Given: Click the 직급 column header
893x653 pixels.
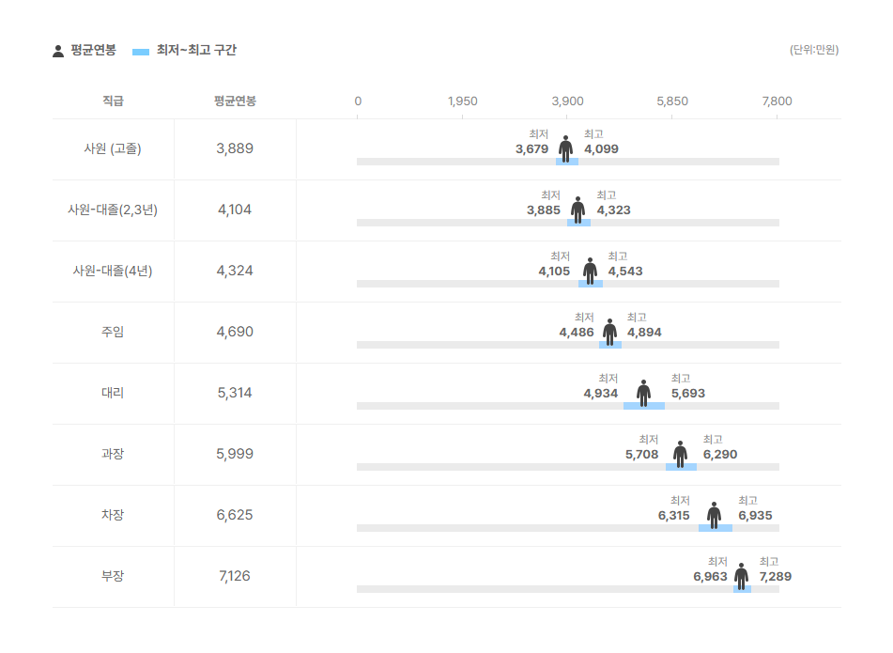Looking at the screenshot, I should tap(113, 101).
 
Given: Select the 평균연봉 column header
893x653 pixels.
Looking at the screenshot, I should tap(235, 101).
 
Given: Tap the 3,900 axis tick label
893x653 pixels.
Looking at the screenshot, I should tap(567, 101).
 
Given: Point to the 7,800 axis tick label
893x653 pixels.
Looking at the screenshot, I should tap(778, 101).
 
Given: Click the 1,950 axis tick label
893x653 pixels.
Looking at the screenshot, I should tap(462, 101).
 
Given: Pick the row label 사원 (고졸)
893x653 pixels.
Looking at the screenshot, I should tap(113, 148).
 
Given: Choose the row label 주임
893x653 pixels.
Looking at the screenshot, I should tap(113, 332).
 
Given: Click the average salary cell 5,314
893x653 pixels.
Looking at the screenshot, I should tap(235, 393).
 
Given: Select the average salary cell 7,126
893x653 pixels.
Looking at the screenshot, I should tap(235, 576).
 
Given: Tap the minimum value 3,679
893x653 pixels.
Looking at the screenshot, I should tap(531, 149).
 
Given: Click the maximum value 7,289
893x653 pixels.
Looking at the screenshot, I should tap(775, 577).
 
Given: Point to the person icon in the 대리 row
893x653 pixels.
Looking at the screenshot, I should tap(643, 393).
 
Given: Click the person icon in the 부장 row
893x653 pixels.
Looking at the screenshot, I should tap(742, 576).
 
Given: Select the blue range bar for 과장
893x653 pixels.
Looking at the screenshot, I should tap(681, 467).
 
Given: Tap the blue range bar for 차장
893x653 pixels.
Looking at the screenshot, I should tap(715, 528).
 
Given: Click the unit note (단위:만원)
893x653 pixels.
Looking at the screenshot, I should tap(814, 50).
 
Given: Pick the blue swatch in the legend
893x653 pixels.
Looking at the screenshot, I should tap(142, 51).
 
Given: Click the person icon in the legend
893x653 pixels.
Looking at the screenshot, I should tap(58, 51).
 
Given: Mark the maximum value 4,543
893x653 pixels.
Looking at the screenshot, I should tap(625, 272).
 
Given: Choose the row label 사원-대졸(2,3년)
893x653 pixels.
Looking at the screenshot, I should tap(113, 210).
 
